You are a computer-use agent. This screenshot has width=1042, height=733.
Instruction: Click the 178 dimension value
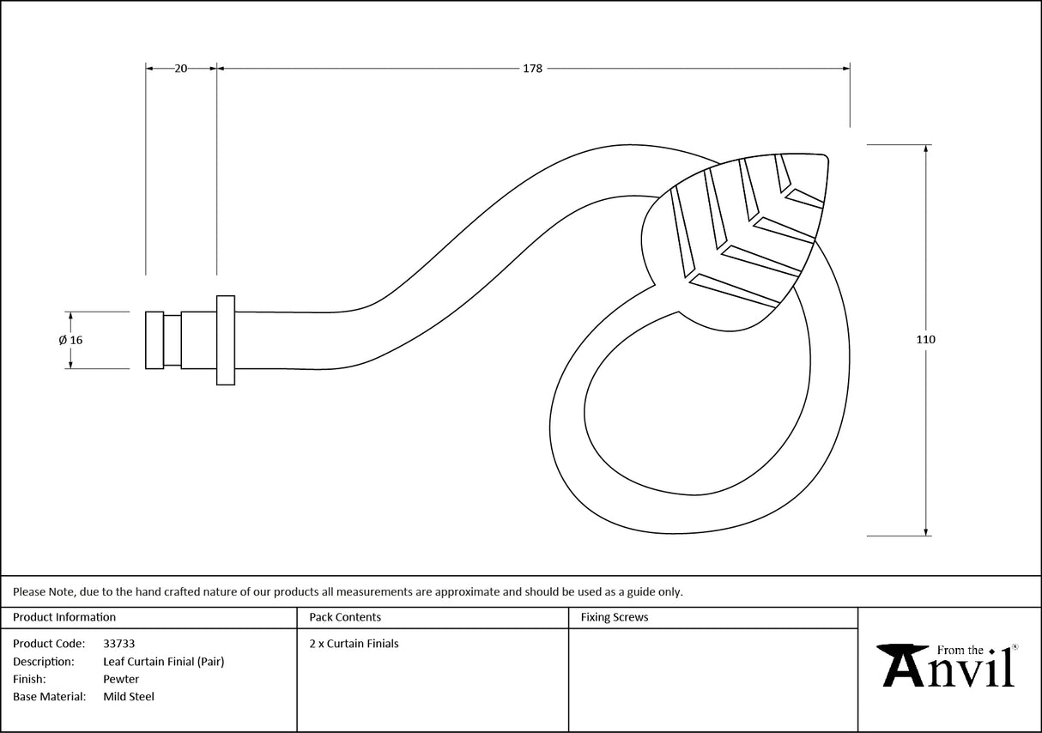(532, 69)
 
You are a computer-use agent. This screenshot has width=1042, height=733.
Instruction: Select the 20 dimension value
(180, 69)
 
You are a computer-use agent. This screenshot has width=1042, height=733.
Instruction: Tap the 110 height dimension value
(925, 340)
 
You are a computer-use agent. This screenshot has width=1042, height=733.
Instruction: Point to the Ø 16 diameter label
(70, 340)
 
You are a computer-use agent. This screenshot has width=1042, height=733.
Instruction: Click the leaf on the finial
(738, 240)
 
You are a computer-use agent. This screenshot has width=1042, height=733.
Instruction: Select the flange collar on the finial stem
(225, 340)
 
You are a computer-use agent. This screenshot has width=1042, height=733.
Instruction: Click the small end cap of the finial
(154, 340)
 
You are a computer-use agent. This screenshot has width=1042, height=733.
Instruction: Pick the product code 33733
(118, 644)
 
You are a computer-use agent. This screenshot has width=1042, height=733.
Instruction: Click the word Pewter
(121, 679)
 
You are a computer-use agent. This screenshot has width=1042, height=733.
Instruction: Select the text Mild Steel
(129, 697)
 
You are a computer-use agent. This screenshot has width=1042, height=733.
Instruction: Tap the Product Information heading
(64, 617)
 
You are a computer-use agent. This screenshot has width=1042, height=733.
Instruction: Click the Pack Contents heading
(345, 617)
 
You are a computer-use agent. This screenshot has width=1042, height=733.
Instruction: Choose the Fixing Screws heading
(615, 617)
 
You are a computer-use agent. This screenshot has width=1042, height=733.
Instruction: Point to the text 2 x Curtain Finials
(354, 644)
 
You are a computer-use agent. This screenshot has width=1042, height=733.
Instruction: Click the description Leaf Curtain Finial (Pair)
(163, 662)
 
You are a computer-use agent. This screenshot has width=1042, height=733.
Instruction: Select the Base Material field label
(49, 697)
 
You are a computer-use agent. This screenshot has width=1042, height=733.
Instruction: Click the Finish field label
(29, 679)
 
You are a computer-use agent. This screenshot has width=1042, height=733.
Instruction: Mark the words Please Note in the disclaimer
(43, 591)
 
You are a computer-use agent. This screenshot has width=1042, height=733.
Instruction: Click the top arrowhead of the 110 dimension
(925, 149)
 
